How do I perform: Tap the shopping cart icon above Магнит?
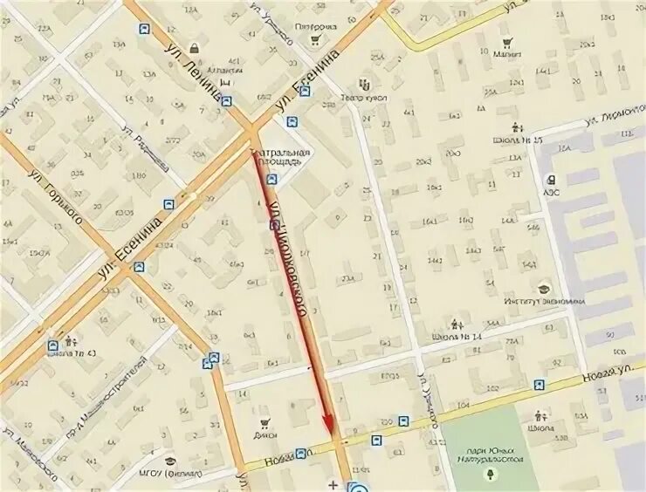click(507, 40)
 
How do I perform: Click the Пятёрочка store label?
click(315, 27)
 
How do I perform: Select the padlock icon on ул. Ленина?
click(193, 49)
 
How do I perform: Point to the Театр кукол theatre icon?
click(364, 85)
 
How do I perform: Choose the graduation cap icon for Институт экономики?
click(544, 289)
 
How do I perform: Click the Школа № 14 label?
click(451, 336)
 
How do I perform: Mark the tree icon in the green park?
click(491, 474)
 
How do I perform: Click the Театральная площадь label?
click(280, 155)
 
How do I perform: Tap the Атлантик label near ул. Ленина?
click(225, 69)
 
